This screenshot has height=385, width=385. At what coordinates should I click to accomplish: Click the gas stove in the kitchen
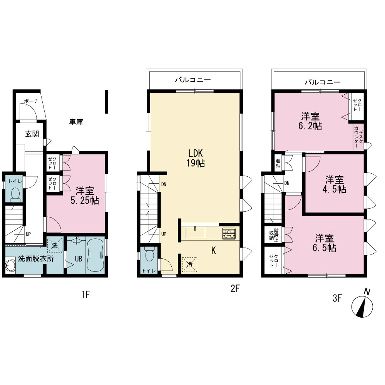[229, 234]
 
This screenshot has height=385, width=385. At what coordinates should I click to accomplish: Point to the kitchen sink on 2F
[196, 233]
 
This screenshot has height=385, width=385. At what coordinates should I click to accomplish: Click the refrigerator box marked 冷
[189, 264]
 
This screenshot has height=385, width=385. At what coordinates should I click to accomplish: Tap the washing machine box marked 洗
[55, 245]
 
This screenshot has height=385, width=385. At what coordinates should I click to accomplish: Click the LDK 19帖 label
[196, 158]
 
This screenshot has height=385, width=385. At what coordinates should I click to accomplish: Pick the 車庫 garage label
[76, 122]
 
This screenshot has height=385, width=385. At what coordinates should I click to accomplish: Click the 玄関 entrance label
[32, 134]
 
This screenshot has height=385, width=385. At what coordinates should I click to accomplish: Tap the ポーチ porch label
[31, 101]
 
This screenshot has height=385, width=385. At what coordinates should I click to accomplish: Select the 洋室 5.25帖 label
[85, 196]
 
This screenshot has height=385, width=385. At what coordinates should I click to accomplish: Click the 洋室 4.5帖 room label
[335, 185]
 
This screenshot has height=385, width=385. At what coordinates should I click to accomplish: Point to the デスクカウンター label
[358, 138]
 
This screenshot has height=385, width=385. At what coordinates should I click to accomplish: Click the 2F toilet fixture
[149, 254]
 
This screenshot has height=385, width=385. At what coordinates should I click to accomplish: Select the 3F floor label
[337, 298]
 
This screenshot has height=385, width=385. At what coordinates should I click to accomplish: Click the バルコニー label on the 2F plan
[193, 80]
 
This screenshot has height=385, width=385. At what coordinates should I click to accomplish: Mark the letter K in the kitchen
[214, 251]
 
